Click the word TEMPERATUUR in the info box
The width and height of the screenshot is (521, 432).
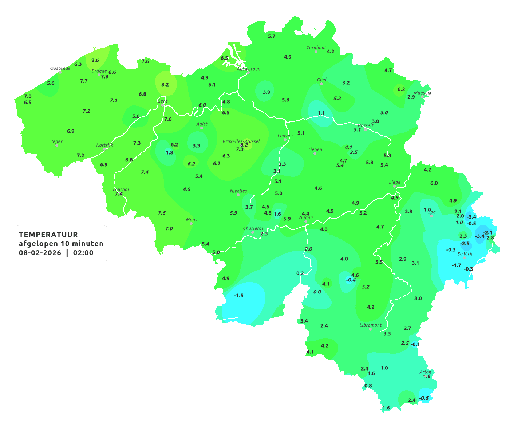click(x=48, y=235)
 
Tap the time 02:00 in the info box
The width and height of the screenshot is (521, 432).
click(x=83, y=253)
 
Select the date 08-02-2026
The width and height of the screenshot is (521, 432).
click(x=40, y=253)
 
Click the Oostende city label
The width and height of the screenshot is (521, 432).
click(x=60, y=68)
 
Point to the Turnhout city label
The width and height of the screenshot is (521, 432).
click(x=316, y=48)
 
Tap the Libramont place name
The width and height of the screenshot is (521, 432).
click(x=370, y=325)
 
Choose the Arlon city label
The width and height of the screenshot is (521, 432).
click(x=425, y=372)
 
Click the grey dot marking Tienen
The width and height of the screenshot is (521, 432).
click(x=315, y=153)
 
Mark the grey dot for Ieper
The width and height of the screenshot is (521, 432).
click(x=56, y=145)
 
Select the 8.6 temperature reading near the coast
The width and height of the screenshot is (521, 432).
click(x=95, y=60)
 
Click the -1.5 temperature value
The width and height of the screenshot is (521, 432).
click(x=238, y=295)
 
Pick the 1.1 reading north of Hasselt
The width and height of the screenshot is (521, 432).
click(x=321, y=113)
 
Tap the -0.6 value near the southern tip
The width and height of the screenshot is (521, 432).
click(x=424, y=398)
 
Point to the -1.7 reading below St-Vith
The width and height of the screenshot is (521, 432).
click(x=457, y=265)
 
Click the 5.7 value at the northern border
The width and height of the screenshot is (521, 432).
click(x=272, y=36)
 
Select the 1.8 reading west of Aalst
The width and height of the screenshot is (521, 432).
click(x=169, y=152)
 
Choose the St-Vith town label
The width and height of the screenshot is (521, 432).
click(x=465, y=254)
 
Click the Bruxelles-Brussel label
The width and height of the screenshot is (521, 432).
click(x=241, y=141)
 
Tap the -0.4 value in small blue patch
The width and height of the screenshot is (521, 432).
click(x=351, y=280)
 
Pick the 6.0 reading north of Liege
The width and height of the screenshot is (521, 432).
click(x=434, y=183)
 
